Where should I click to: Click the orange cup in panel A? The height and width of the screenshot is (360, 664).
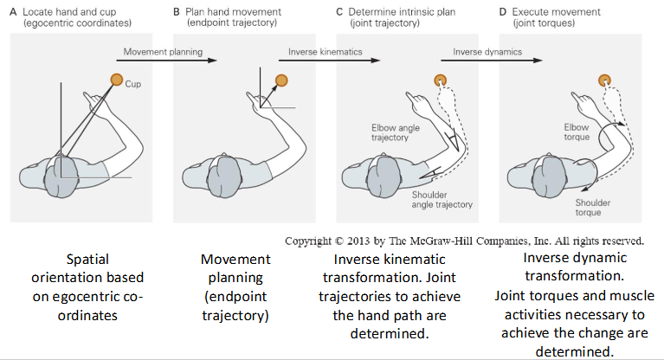pyautogui.click(x=116, y=80)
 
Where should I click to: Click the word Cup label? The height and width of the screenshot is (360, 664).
pyautogui.click(x=133, y=85)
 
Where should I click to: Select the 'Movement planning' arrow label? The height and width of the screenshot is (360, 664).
pyautogui.click(x=163, y=52)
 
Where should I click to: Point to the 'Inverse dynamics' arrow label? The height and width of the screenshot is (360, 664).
pyautogui.click(x=489, y=52)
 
